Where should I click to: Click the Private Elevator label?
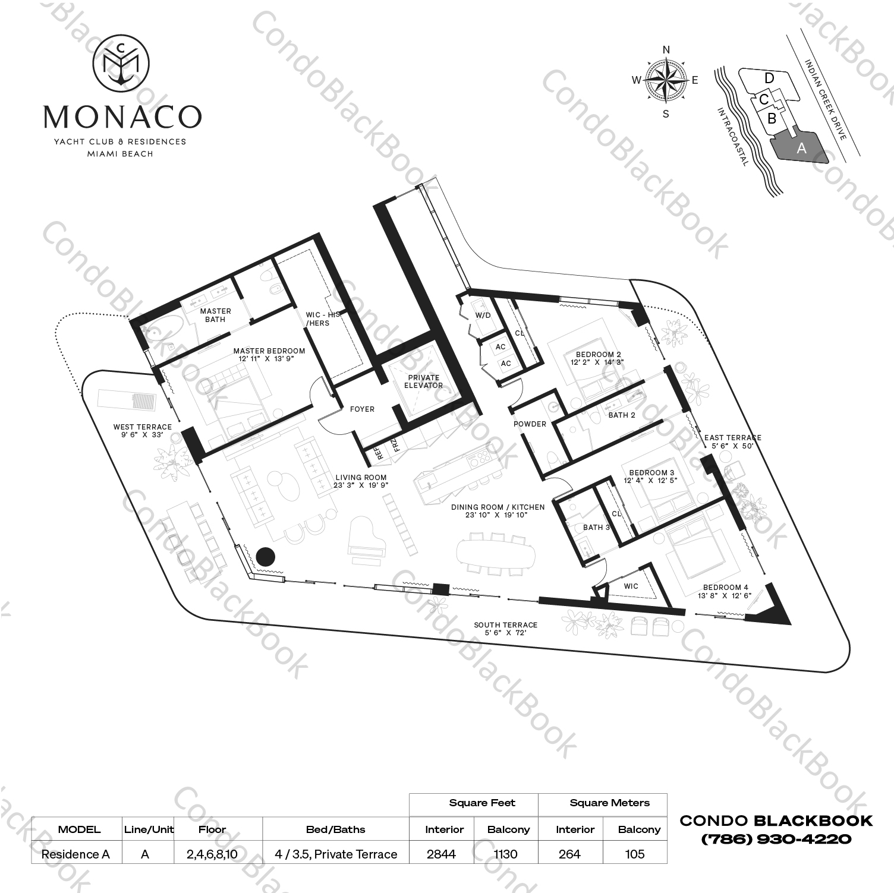coord(424,381)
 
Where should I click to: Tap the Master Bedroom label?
coord(269,354)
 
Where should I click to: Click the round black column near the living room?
coord(266,556)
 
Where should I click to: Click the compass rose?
coord(666,81)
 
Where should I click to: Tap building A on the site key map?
coord(801,148)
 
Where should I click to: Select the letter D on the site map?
coord(769,78)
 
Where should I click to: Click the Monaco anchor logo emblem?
coord(122,62)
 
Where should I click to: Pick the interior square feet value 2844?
coord(441,854)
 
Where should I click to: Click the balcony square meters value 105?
coord(635,854)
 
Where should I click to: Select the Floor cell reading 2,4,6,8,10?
coord(212,854)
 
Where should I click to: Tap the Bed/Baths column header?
coord(335,829)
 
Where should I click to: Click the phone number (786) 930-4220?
coord(776,840)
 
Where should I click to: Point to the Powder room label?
coord(530,424)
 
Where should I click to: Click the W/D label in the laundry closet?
coord(483,315)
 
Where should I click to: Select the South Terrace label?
coord(505,629)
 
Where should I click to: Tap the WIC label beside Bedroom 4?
coord(631,586)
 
